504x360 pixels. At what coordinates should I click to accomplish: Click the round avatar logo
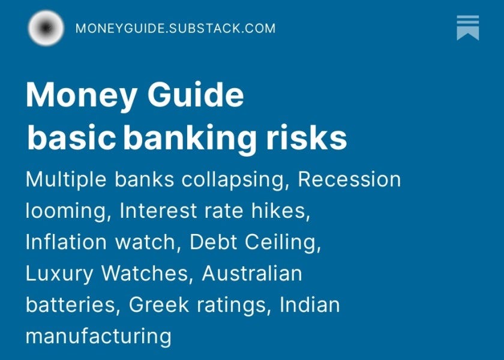pos(46,28)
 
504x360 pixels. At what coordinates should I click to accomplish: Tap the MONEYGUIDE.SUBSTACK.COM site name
pos(175,28)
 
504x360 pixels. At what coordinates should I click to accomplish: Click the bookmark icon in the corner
pos(467,28)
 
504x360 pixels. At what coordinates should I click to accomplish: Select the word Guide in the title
pos(196,95)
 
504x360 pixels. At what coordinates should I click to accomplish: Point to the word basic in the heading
pos(71,138)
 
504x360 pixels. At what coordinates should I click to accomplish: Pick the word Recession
pos(349,179)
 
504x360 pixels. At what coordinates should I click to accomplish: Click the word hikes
pos(283,211)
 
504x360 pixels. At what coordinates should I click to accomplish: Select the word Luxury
pos(59,274)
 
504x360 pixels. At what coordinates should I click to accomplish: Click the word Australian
pos(252,274)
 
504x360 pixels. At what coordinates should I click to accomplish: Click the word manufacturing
pos(98,336)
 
